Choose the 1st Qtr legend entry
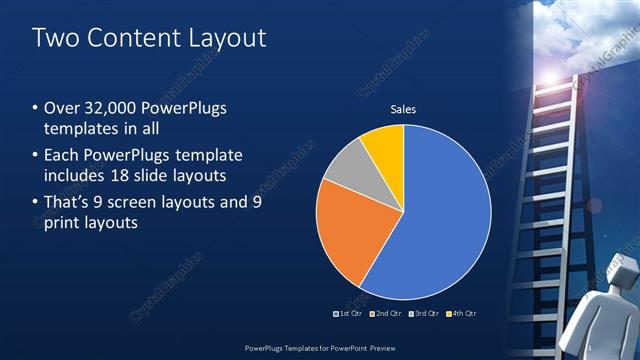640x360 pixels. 349,314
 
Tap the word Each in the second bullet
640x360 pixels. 63,155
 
